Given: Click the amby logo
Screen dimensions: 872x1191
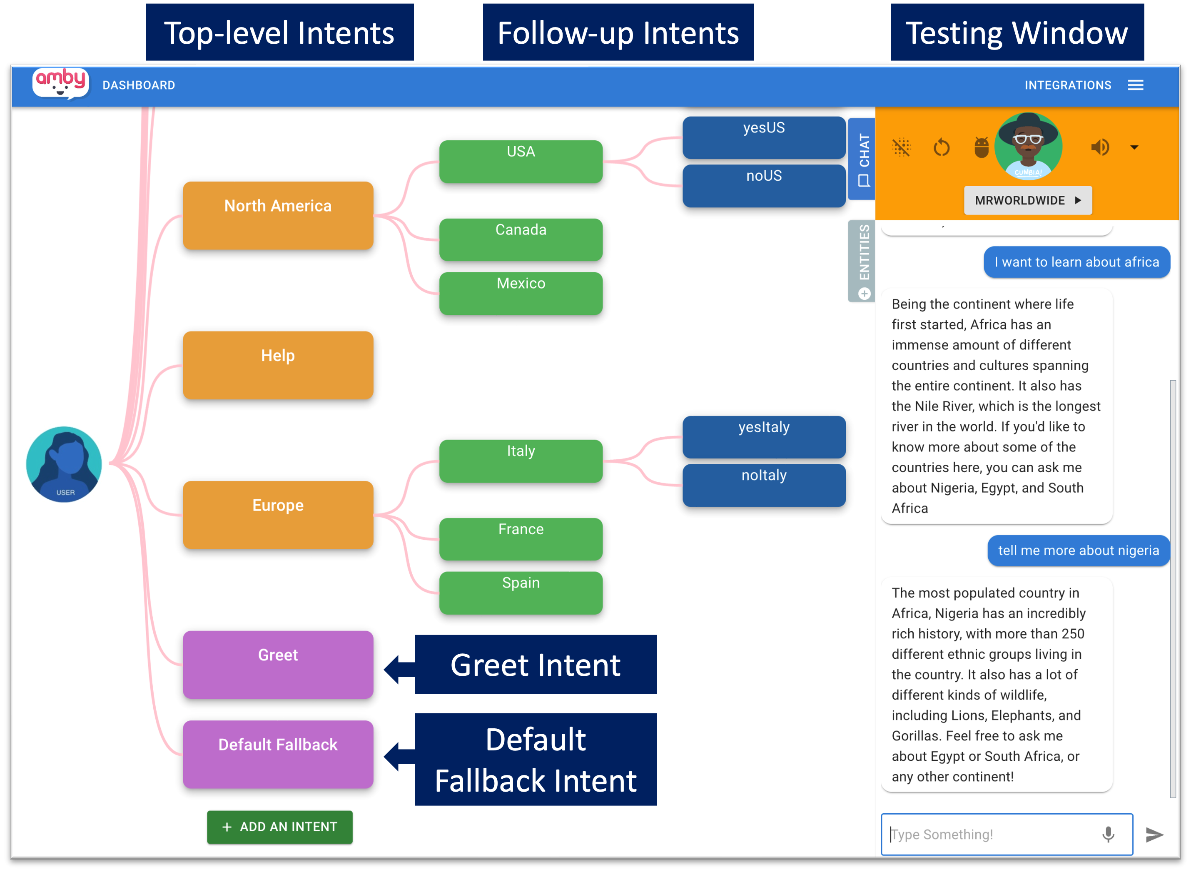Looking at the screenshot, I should (x=61, y=83).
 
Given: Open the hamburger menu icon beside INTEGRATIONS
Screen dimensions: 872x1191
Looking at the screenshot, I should (x=1135, y=85).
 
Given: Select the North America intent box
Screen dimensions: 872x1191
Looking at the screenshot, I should (x=278, y=215).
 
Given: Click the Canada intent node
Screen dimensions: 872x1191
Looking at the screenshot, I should (x=521, y=239).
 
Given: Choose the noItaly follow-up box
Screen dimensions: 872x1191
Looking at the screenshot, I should (x=763, y=485).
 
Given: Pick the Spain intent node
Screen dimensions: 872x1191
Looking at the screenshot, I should (x=521, y=592).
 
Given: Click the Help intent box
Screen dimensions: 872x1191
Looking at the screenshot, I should (x=278, y=365).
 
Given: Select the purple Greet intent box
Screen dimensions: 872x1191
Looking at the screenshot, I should (x=278, y=664).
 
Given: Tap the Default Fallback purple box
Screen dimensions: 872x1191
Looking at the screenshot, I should (x=278, y=754).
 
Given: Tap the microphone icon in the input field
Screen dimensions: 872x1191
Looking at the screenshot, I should (x=1108, y=834).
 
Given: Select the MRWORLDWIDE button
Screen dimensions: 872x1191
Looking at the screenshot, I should (x=1027, y=201).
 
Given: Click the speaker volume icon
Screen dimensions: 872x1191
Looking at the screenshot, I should (x=1100, y=147).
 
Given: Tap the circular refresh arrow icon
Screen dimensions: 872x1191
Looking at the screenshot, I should (x=941, y=148).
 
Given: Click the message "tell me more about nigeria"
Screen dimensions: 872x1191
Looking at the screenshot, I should (x=1078, y=551).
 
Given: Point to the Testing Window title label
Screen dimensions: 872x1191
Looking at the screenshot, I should (x=1017, y=33).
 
